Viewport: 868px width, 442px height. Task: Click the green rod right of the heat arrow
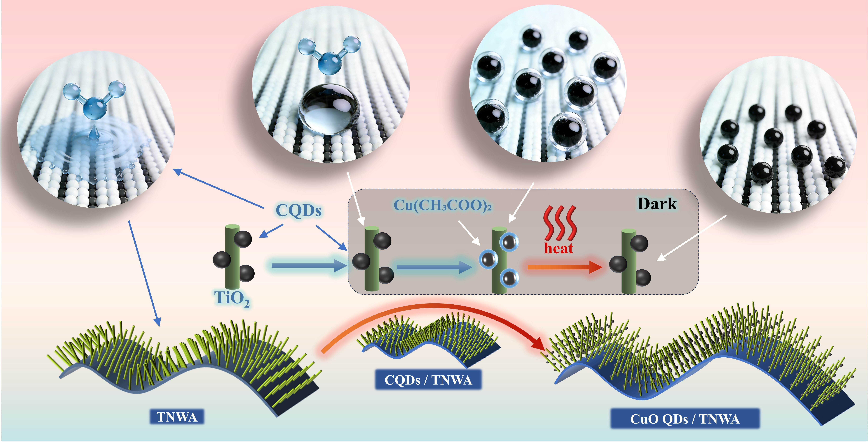pos(628,261)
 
